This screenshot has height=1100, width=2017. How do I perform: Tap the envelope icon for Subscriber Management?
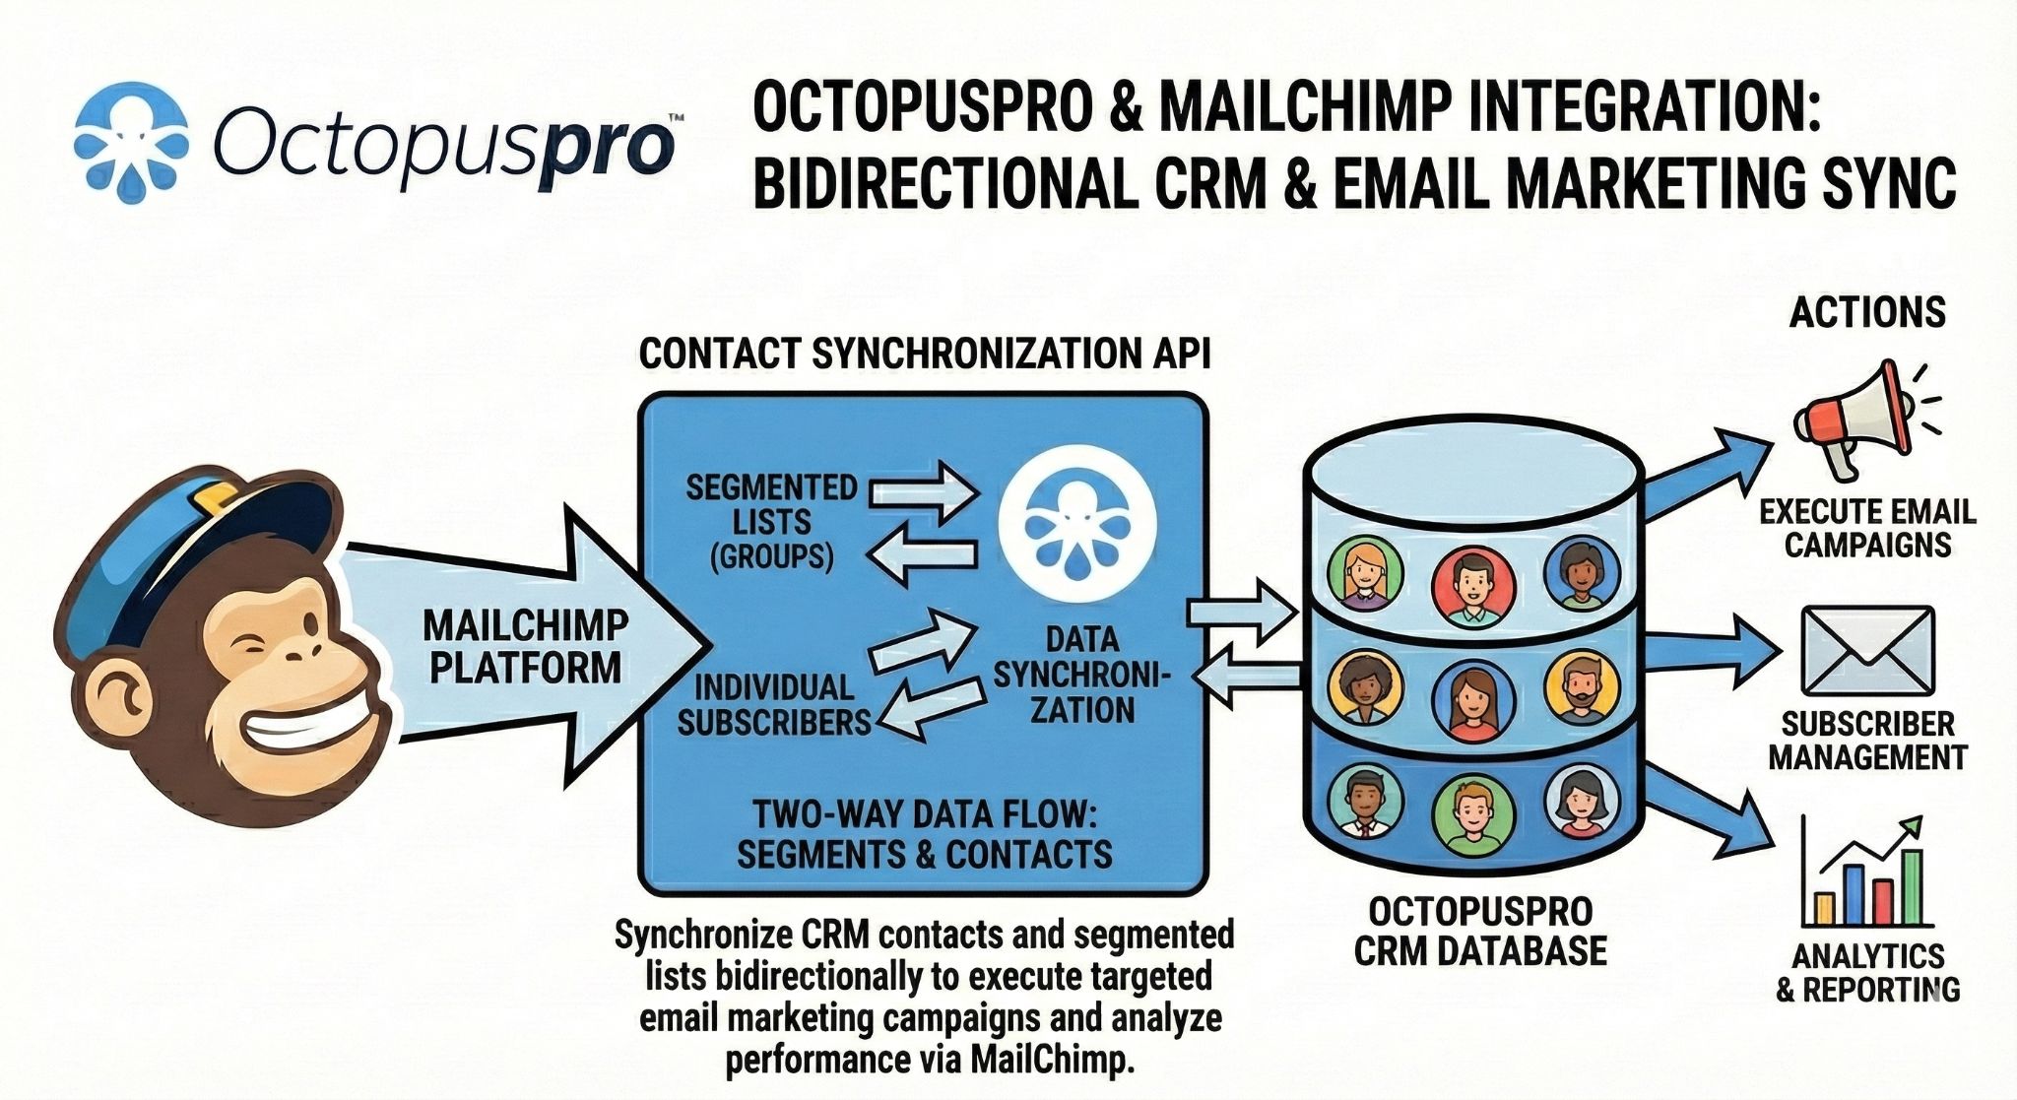1867,651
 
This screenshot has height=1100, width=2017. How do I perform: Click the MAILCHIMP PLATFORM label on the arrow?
525,646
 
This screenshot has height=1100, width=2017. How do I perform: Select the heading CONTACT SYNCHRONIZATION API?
924,355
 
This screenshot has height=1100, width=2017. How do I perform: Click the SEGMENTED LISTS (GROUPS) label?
771,522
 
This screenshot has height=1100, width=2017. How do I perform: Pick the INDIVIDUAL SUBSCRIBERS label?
774,705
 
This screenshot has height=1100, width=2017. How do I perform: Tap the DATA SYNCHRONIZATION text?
1081,675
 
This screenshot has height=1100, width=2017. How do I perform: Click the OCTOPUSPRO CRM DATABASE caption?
1480,932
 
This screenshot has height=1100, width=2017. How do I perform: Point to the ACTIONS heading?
1867,313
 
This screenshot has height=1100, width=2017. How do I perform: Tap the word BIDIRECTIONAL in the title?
944,184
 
